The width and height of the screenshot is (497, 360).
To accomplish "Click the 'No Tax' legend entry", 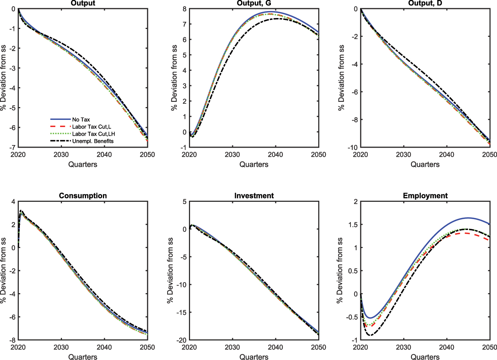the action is click(81, 119).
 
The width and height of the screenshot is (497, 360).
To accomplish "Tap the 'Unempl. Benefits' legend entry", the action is click(93, 141).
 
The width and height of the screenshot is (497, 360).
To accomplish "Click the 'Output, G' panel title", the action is click(254, 3).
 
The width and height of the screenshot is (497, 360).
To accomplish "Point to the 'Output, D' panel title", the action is click(425, 3).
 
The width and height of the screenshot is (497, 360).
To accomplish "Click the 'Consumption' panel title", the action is click(83, 196).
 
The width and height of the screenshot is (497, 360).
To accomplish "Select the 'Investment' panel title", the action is click(254, 196).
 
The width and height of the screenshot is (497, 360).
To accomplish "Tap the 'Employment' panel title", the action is click(425, 196).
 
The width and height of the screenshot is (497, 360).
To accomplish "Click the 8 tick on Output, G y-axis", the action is click(184, 9).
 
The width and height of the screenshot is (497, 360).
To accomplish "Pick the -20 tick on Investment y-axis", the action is click(181, 340).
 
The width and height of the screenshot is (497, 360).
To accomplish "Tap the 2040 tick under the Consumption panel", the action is click(104, 347).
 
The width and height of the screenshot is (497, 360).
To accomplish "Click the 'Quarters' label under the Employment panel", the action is click(425, 357).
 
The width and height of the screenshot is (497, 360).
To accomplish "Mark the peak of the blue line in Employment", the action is click(468, 218).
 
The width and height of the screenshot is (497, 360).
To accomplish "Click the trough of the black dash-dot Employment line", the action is click(370, 335).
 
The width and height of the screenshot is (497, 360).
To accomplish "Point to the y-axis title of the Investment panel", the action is click(171, 270).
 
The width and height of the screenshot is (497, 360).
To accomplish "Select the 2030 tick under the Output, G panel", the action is click(232, 154).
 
